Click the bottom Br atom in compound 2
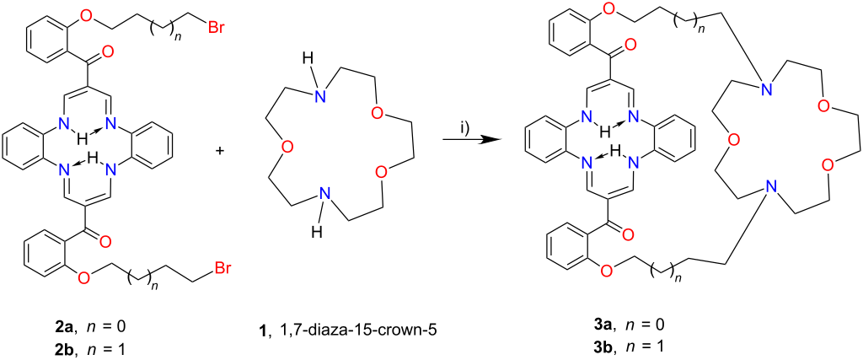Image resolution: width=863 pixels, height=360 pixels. click(x=222, y=270)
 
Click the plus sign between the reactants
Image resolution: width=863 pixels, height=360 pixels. click(x=222, y=151)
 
